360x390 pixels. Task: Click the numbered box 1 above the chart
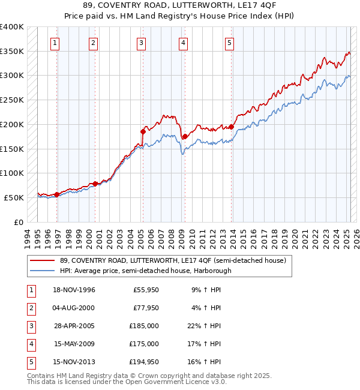55,42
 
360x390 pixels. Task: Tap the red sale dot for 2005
143,131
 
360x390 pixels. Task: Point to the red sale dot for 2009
185,136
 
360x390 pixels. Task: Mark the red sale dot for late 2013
232,127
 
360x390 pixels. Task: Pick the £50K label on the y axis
14,197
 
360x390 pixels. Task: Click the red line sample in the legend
43,260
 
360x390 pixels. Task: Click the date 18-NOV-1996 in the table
74,290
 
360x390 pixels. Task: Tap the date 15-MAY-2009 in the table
74,344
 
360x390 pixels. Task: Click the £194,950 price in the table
144,362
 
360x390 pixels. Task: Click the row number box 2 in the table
29,308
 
